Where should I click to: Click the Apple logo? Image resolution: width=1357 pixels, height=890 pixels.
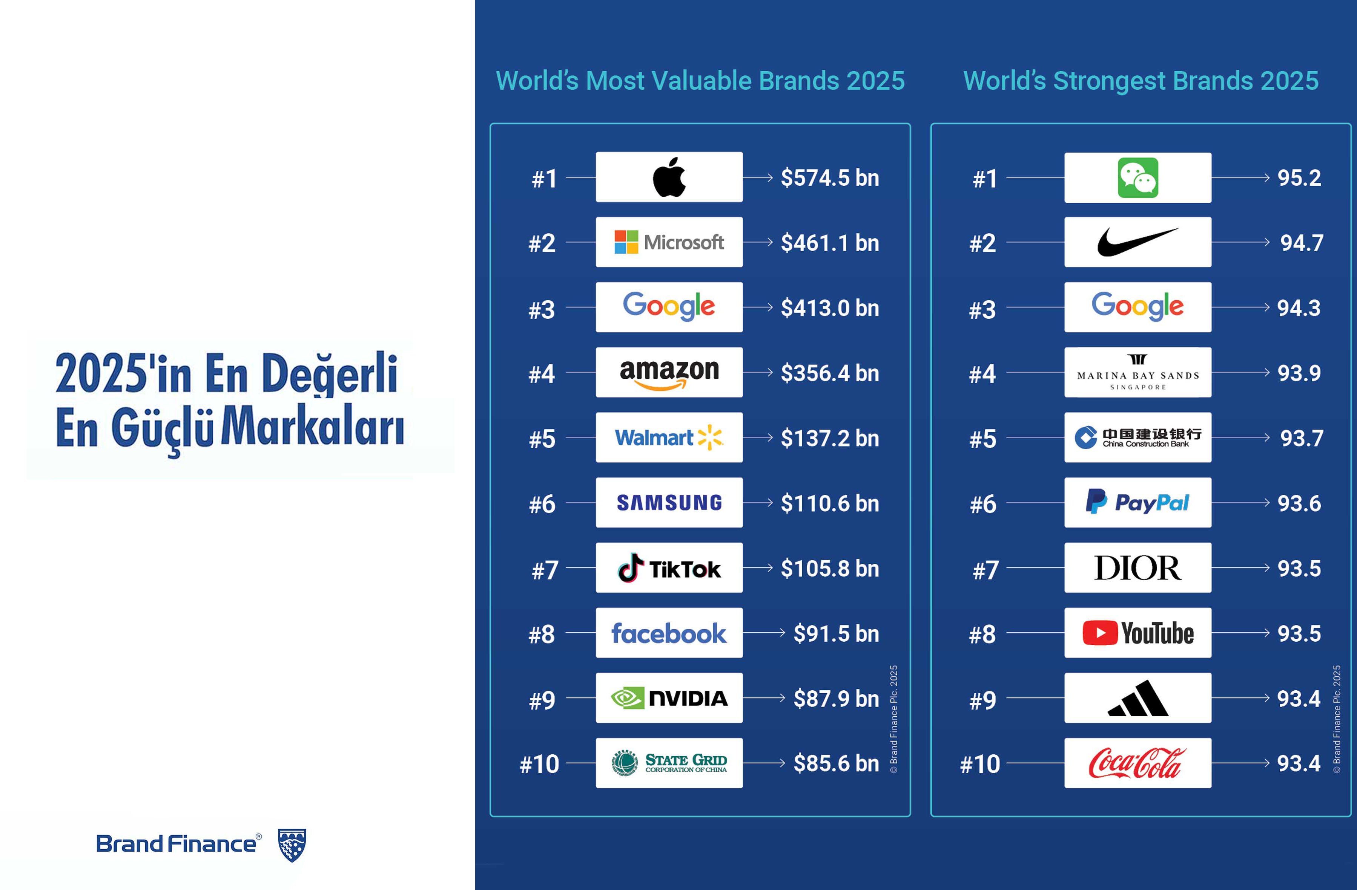[669, 177]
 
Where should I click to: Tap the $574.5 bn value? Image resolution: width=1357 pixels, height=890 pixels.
[830, 178]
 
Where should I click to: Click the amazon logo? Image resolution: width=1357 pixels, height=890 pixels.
[669, 373]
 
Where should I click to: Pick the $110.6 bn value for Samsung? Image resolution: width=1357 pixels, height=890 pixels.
[830, 503]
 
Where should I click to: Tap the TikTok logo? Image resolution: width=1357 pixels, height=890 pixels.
[669, 568]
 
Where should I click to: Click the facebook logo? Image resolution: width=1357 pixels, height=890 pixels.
[669, 633]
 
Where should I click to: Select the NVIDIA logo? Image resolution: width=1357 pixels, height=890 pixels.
[669, 698]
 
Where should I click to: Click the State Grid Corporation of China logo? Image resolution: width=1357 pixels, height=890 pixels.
[669, 763]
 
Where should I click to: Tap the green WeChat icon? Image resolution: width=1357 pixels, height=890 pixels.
[1137, 178]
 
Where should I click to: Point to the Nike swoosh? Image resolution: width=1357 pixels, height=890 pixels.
[1137, 242]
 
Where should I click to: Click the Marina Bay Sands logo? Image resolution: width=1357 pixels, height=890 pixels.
[1137, 373]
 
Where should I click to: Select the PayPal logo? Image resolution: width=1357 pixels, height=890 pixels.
[1137, 503]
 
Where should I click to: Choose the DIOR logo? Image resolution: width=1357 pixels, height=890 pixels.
[1137, 568]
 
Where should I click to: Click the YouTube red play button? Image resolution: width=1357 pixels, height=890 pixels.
[1099, 633]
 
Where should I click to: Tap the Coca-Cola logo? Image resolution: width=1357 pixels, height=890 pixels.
[1137, 763]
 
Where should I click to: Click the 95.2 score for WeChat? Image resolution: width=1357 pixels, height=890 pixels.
[1299, 178]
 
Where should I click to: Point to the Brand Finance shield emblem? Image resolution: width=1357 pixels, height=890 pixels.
[292, 845]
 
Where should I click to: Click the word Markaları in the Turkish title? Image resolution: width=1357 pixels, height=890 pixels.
[312, 427]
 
